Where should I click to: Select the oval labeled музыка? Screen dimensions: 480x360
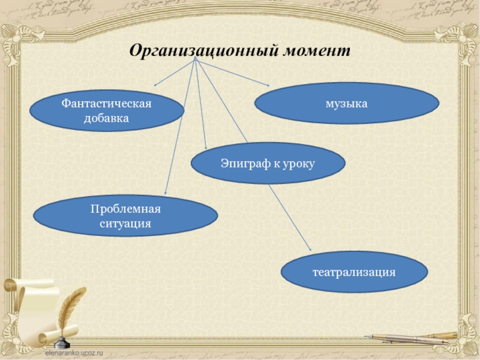[x=346, y=103]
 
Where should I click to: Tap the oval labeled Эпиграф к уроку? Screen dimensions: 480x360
[x=268, y=163]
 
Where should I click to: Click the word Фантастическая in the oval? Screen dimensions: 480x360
[x=106, y=104]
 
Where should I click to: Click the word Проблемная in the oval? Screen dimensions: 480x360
[x=126, y=209]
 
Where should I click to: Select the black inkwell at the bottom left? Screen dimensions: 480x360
[x=61, y=341]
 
